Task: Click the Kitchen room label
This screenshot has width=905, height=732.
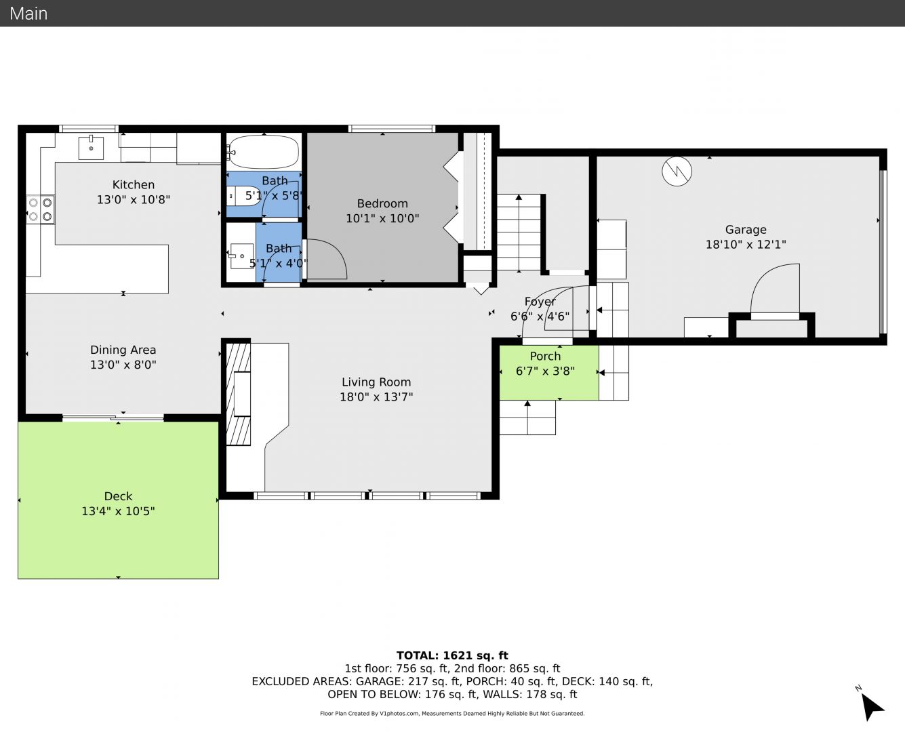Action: (134, 185)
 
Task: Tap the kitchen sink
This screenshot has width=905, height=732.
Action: (91, 148)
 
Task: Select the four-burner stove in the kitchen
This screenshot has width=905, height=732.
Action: (41, 209)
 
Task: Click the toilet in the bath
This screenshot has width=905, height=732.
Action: (243, 197)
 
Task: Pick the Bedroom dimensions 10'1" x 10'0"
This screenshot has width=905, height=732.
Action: (382, 218)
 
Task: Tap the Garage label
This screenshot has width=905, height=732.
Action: (746, 229)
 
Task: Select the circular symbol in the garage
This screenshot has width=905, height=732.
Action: (677, 171)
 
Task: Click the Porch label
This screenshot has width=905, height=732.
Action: (545, 356)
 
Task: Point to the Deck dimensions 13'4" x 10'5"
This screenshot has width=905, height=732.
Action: (118, 510)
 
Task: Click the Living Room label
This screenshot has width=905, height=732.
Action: (376, 382)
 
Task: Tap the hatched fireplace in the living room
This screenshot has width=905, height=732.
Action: (238, 394)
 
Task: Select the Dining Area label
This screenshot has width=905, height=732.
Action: (123, 350)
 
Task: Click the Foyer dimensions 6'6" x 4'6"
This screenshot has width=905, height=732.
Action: (540, 316)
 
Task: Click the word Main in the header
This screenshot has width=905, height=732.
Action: (28, 14)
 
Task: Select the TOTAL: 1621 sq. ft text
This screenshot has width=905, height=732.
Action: (452, 655)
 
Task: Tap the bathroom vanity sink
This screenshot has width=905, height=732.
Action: (241, 256)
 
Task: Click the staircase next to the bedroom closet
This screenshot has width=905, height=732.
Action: (519, 232)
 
